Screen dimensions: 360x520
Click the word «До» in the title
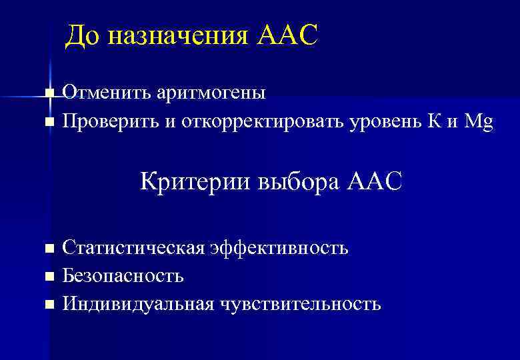[x=82, y=36]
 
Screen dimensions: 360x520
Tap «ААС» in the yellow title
[x=287, y=36]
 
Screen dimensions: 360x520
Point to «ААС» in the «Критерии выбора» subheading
[x=375, y=181]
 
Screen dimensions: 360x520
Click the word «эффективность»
[x=279, y=249]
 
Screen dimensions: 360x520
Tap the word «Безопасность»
[x=123, y=276]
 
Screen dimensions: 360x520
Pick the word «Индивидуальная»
[x=138, y=305]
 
